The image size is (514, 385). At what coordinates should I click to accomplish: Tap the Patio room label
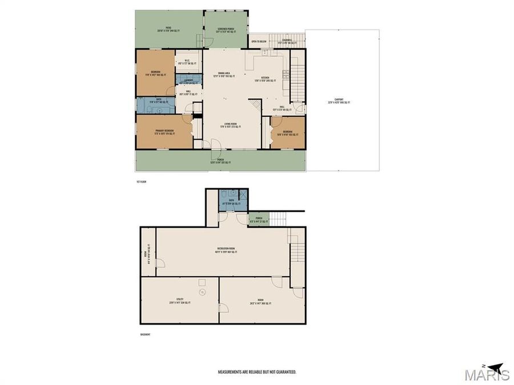(x=168, y=29)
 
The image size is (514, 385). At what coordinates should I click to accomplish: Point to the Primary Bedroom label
(x=164, y=132)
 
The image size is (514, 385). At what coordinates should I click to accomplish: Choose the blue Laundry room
(x=188, y=80)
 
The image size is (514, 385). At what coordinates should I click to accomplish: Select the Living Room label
(x=230, y=127)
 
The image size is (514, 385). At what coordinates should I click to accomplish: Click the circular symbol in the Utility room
(x=202, y=292)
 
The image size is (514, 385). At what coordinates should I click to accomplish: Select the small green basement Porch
(x=258, y=220)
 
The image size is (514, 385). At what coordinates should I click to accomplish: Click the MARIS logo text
(x=487, y=375)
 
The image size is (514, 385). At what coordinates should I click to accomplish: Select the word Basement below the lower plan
(x=145, y=335)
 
